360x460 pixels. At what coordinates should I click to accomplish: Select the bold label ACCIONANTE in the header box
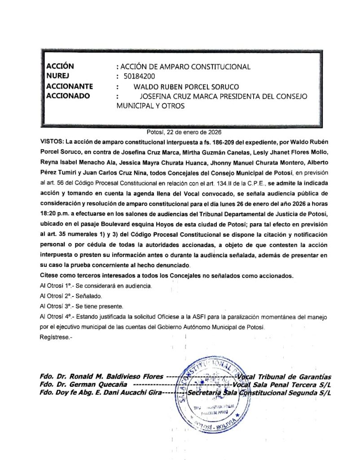tap(70, 86)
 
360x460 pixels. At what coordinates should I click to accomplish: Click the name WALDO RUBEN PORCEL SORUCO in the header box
tap(186, 86)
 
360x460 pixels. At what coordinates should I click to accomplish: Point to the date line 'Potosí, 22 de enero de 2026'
tap(184, 132)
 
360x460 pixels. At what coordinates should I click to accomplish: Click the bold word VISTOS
tap(53, 142)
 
